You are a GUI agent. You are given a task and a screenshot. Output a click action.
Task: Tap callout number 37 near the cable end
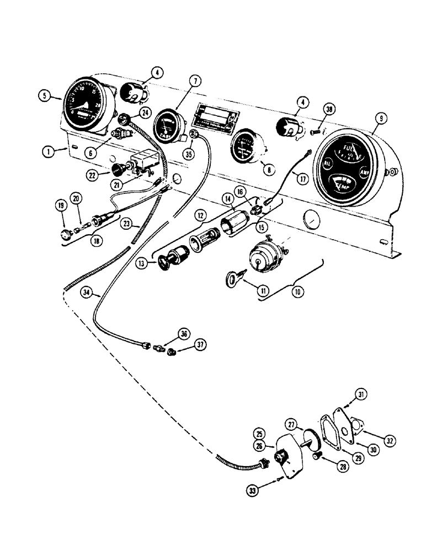point(199,345)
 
